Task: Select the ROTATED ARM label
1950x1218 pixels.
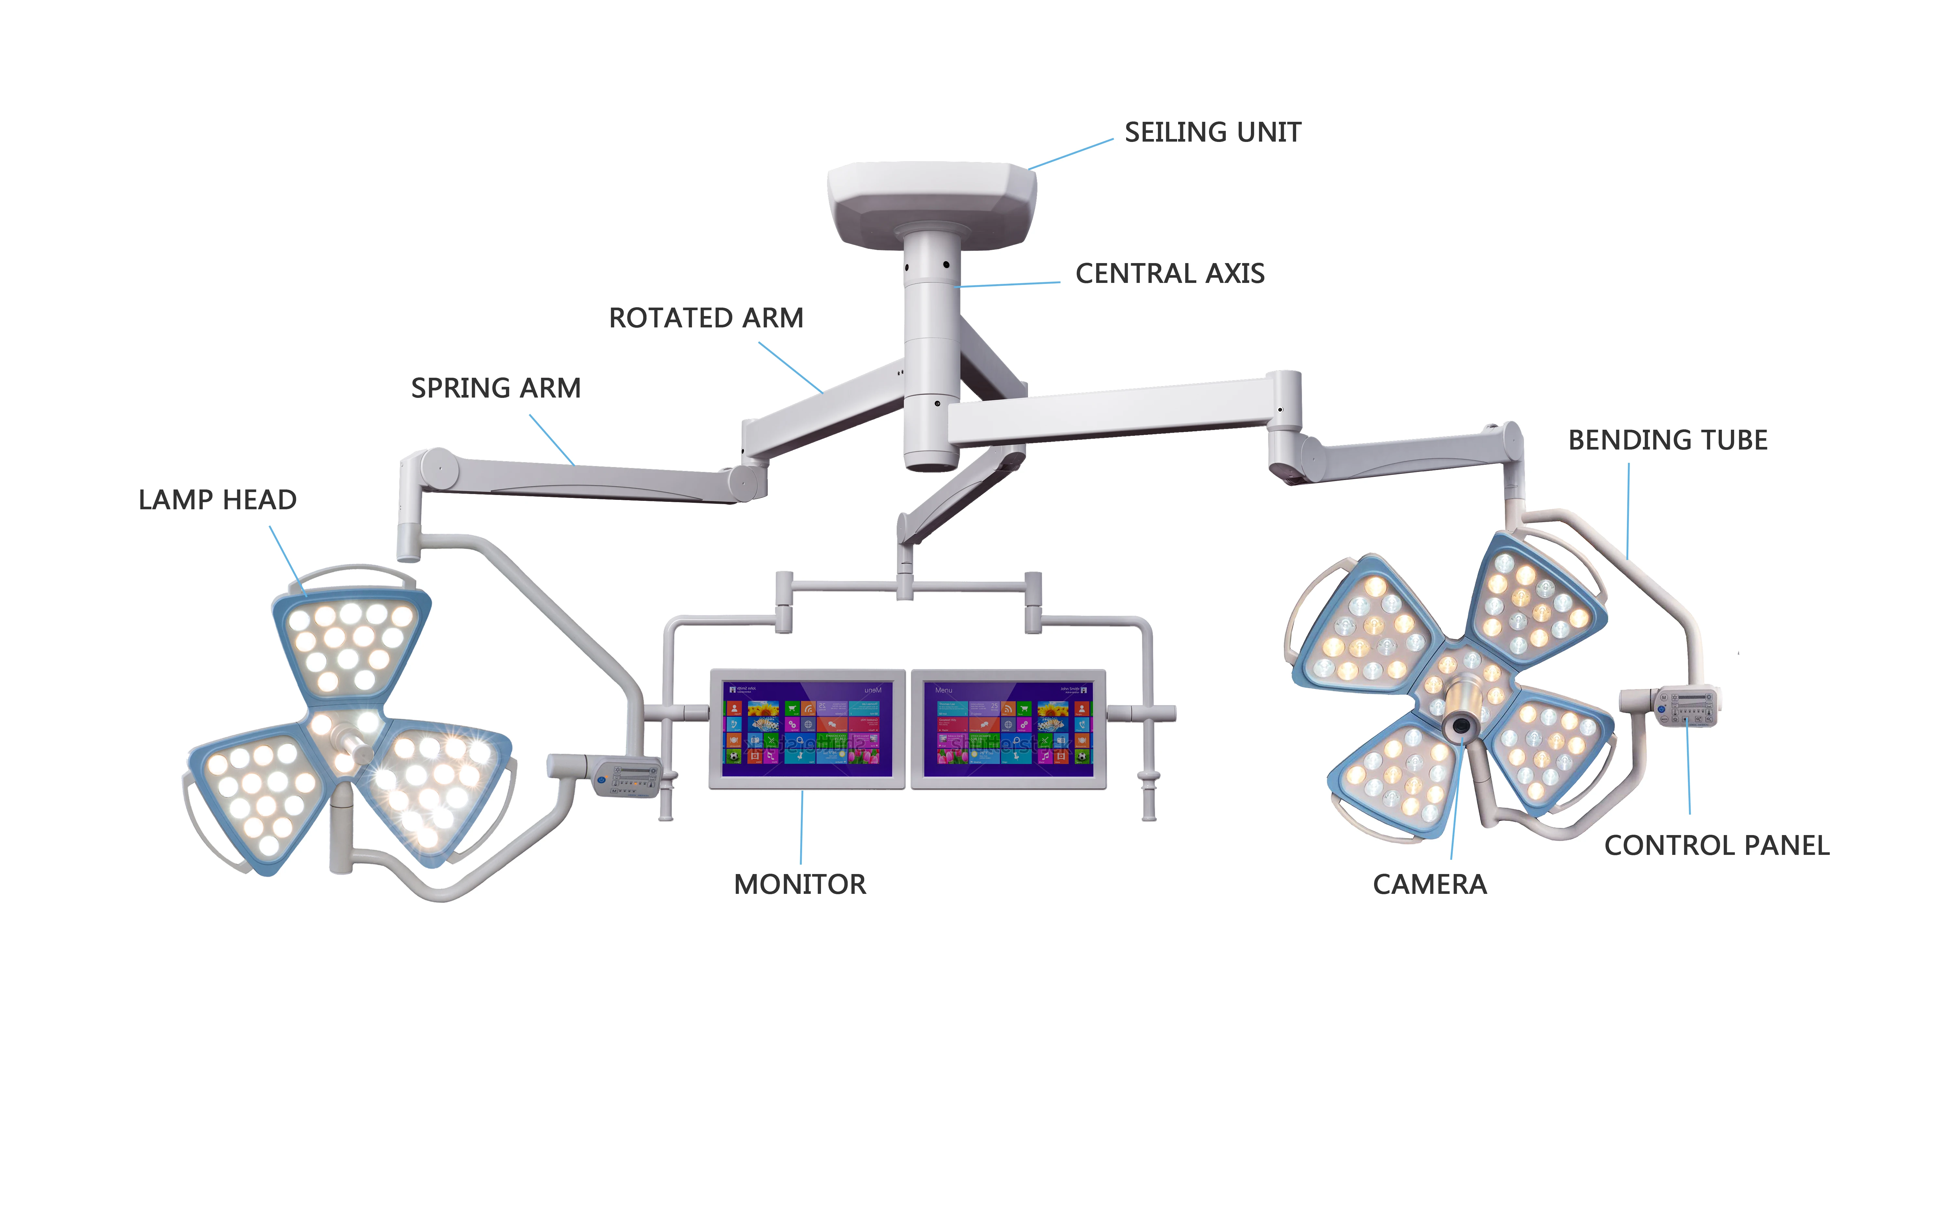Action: click(x=706, y=318)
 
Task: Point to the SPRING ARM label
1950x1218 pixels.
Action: click(x=496, y=388)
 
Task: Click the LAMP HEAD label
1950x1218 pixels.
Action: click(x=217, y=500)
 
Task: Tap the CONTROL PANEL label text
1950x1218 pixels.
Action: click(x=1716, y=846)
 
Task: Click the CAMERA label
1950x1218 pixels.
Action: click(x=1429, y=884)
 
